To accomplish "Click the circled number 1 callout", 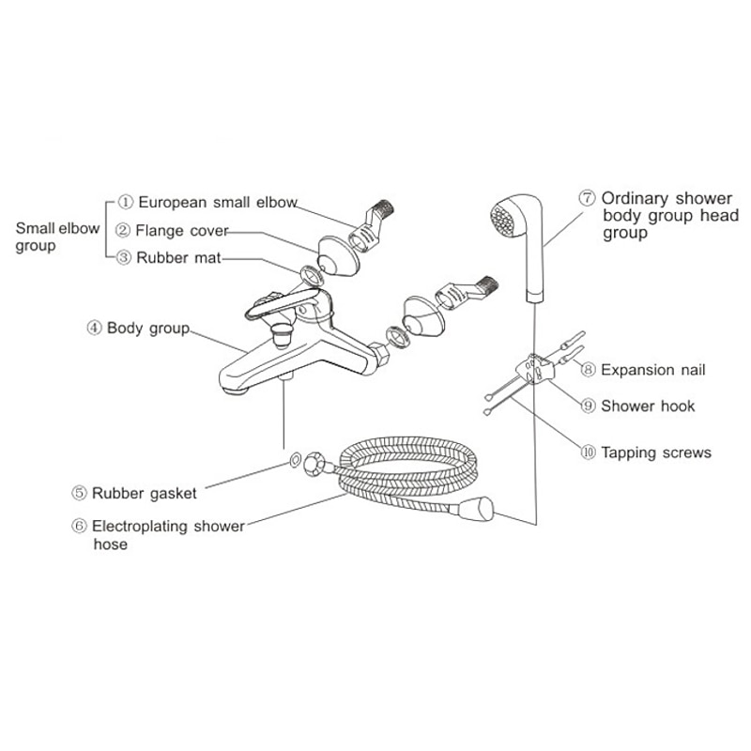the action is point(126,202).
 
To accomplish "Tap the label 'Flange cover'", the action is point(182,231).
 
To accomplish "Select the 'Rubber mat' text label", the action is point(178,258).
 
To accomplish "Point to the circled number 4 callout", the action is point(95,328).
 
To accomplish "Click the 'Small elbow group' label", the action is point(57,237).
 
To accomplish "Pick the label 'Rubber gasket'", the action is point(145,494).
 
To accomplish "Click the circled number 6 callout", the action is point(79,526).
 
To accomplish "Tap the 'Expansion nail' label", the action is point(653,370).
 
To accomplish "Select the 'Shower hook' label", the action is point(648,406).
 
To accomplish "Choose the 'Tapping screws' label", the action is point(656,452).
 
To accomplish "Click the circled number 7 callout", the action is point(588,198).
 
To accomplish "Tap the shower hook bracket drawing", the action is point(535,368).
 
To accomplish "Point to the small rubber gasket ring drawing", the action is point(295,459).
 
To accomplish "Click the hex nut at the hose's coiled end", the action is point(314,464).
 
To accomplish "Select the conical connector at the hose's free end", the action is point(477,510).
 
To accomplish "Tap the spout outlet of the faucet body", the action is point(235,390).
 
